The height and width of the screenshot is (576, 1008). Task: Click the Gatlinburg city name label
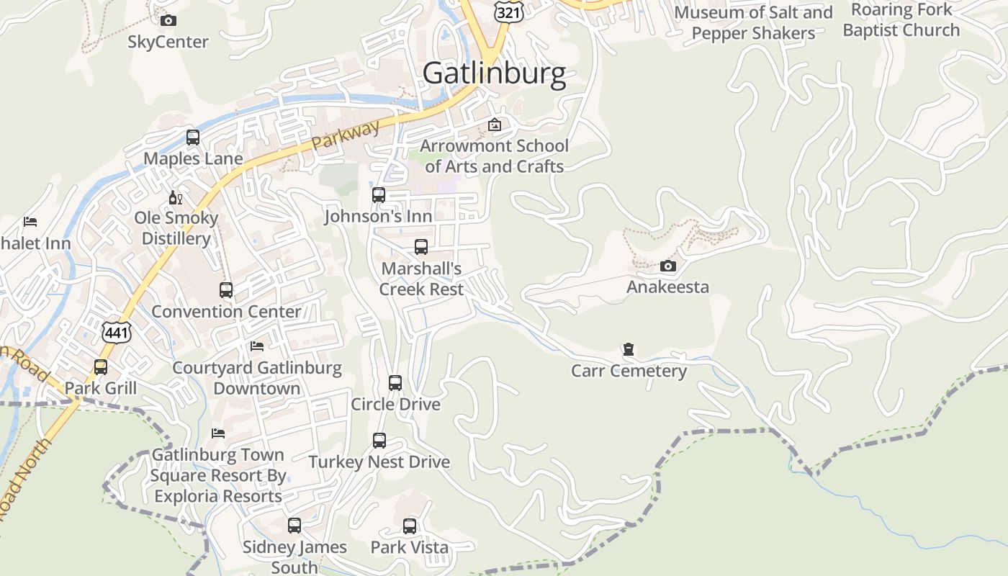point(494,73)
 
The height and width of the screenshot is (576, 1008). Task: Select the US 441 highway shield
point(116,331)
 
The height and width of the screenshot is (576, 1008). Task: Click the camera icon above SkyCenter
point(168,20)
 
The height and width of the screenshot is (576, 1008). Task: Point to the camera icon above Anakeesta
point(667,266)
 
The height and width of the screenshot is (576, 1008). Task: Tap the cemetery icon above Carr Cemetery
point(629,350)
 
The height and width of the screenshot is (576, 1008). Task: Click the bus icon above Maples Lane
point(192,137)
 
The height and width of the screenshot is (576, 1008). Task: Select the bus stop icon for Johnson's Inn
point(379,194)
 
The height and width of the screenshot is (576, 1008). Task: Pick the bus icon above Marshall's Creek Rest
point(421,247)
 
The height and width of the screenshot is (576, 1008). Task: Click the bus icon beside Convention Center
point(226,290)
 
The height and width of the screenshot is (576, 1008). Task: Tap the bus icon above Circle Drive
point(395,382)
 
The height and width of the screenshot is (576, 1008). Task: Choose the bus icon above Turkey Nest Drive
point(379,440)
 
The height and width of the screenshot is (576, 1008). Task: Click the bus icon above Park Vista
point(410,526)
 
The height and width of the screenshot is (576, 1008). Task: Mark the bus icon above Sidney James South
point(294,526)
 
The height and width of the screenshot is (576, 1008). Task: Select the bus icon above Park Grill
point(101,367)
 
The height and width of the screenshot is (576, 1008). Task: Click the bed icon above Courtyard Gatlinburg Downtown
point(257,346)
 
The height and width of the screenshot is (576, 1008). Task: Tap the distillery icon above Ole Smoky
point(175,197)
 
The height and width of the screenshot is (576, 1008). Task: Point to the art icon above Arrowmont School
point(495,125)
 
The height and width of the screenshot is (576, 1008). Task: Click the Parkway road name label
point(346,135)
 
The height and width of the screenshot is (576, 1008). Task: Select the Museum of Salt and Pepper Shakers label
point(753,22)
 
